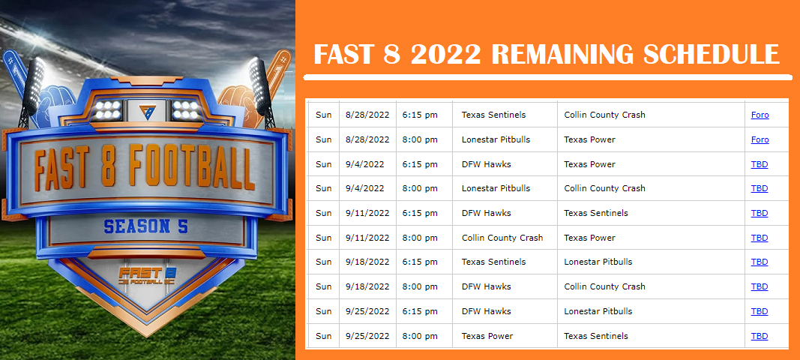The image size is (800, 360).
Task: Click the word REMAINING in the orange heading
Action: click(563, 53)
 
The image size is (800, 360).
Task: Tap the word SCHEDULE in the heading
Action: click(712, 53)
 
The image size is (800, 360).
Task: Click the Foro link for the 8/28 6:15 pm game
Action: click(760, 115)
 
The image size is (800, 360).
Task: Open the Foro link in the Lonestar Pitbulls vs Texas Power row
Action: click(760, 139)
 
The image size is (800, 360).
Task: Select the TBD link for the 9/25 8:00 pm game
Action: click(760, 336)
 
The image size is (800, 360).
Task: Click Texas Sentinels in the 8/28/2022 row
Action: click(493, 115)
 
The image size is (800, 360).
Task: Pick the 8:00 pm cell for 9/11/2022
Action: click(420, 238)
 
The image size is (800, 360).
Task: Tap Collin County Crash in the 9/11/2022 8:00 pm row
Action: click(502, 238)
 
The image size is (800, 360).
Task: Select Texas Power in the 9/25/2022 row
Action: click(487, 336)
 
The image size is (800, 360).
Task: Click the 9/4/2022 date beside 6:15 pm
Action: click(365, 164)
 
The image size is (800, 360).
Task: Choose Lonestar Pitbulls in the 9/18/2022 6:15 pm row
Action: click(598, 262)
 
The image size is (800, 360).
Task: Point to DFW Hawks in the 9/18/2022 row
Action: click(487, 286)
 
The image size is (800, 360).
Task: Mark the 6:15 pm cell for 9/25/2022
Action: click(420, 311)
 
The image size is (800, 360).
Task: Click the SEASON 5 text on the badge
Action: click(146, 226)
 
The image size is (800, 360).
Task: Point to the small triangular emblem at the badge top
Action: click(147, 111)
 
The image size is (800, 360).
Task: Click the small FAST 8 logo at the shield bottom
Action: click(147, 276)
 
